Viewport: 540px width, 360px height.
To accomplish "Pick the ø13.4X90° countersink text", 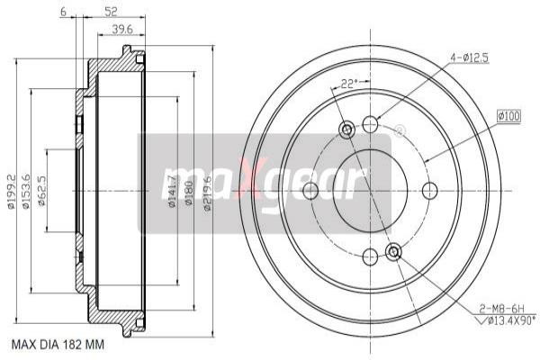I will [x=506, y=319].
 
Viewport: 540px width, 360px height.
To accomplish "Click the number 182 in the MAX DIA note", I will [x=81, y=344].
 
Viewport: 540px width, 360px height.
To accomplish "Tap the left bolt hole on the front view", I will [x=311, y=191].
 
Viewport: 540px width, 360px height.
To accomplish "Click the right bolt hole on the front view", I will [x=429, y=191].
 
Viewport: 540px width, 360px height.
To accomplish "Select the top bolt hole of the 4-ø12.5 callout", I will [x=370, y=124].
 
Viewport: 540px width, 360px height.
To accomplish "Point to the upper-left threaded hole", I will [x=347, y=131].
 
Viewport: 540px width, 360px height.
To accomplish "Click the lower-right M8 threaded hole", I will [x=393, y=250].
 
